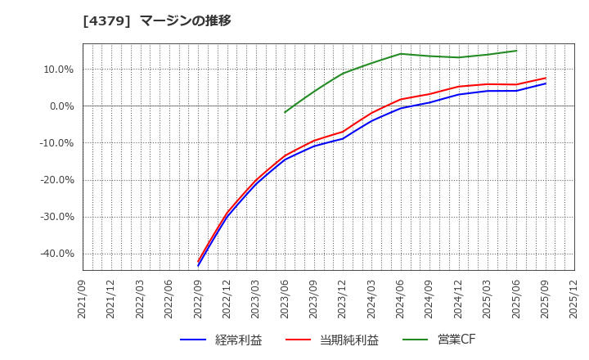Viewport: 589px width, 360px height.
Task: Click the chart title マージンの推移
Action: [x=186, y=20]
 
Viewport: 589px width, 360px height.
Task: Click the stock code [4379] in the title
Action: [x=107, y=20]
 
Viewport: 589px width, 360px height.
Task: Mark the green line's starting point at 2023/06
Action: [x=286, y=112]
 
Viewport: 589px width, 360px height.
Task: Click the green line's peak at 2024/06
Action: [x=401, y=54]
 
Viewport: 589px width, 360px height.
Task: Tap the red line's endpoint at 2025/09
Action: [x=546, y=78]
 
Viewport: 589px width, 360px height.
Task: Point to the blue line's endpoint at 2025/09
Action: [x=546, y=83]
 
